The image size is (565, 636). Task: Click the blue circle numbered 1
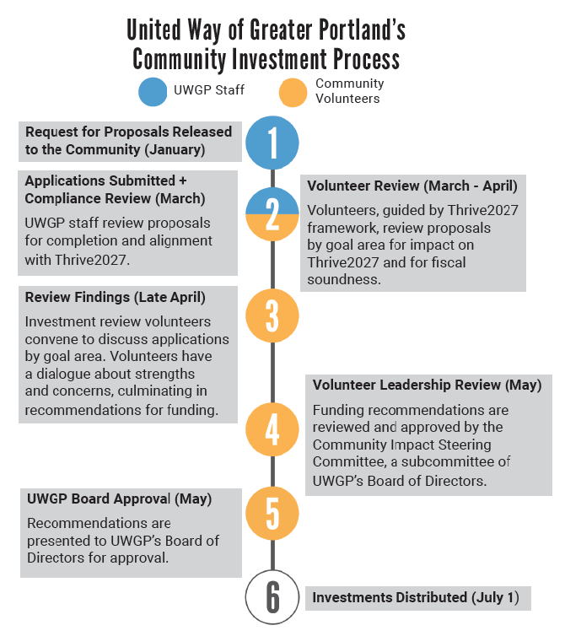pyautogui.click(x=272, y=143)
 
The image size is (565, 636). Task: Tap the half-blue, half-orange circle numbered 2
pyautogui.click(x=272, y=213)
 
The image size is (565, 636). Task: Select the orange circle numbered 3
pyautogui.click(x=272, y=315)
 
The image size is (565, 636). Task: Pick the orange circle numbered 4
pyautogui.click(x=272, y=429)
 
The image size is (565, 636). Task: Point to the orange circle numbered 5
pyautogui.click(x=272, y=513)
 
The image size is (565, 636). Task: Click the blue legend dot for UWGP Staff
pyautogui.click(x=153, y=92)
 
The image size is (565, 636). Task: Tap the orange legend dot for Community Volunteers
pyautogui.click(x=293, y=93)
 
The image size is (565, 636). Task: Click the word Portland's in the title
pyautogui.click(x=362, y=30)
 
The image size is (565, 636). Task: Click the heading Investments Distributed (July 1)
pyautogui.click(x=416, y=597)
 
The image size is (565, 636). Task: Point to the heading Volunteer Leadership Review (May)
pyautogui.click(x=427, y=385)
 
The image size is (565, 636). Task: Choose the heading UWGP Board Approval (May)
pyautogui.click(x=119, y=499)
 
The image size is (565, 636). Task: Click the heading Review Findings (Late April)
pyautogui.click(x=116, y=297)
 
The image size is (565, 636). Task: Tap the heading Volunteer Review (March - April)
pyautogui.click(x=412, y=186)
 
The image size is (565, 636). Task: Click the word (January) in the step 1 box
pyautogui.click(x=175, y=149)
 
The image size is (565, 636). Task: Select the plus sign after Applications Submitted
pyautogui.click(x=182, y=181)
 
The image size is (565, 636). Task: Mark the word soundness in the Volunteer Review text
pyautogui.click(x=344, y=279)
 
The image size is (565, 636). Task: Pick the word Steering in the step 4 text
pyautogui.click(x=465, y=445)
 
